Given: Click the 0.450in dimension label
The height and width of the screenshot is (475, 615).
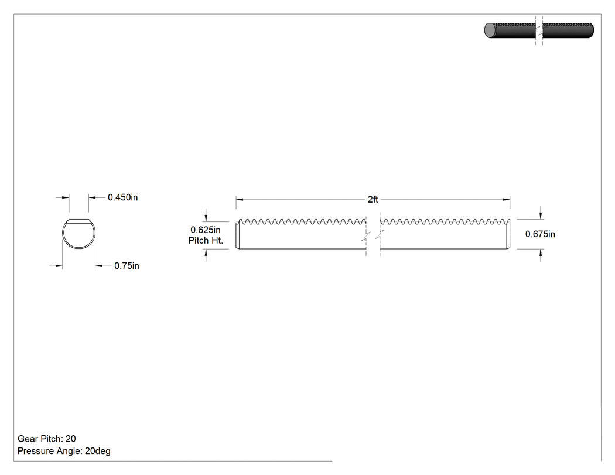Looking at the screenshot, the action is click(123, 197).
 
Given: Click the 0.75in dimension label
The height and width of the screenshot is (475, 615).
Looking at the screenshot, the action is click(127, 266).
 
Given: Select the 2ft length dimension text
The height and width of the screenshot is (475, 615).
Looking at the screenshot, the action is click(373, 200).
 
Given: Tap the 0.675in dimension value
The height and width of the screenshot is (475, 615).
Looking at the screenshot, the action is click(540, 234).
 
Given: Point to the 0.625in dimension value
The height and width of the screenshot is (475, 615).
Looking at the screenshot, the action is click(206, 230).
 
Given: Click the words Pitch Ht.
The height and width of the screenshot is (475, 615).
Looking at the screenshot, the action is click(206, 241).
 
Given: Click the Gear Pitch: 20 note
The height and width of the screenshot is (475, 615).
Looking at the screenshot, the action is click(47, 439).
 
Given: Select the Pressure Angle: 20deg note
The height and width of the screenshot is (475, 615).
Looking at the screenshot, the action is click(64, 450).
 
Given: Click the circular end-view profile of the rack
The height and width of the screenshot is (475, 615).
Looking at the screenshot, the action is click(62, 234).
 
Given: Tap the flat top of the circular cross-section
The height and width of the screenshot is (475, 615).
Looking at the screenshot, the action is click(79, 220).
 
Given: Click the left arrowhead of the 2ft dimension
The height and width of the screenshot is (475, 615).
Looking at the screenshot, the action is click(239, 200).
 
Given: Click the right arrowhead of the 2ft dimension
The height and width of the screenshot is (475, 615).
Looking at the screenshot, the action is click(507, 200).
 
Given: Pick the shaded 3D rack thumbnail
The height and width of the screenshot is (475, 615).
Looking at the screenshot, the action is click(539, 30).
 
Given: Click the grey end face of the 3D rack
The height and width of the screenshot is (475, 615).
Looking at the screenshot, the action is click(490, 30).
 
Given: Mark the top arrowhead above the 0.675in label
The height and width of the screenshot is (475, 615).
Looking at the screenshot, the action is click(541, 216).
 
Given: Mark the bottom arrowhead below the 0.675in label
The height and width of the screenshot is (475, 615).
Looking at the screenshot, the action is click(541, 252).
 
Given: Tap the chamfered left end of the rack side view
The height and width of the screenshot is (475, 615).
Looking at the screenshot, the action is click(237, 235).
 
